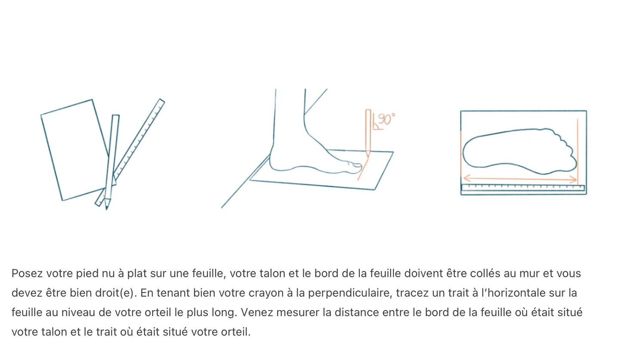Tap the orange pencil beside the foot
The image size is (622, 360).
(368, 131)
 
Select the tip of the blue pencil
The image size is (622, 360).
(107, 205)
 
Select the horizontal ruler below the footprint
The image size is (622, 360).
(523, 188)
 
